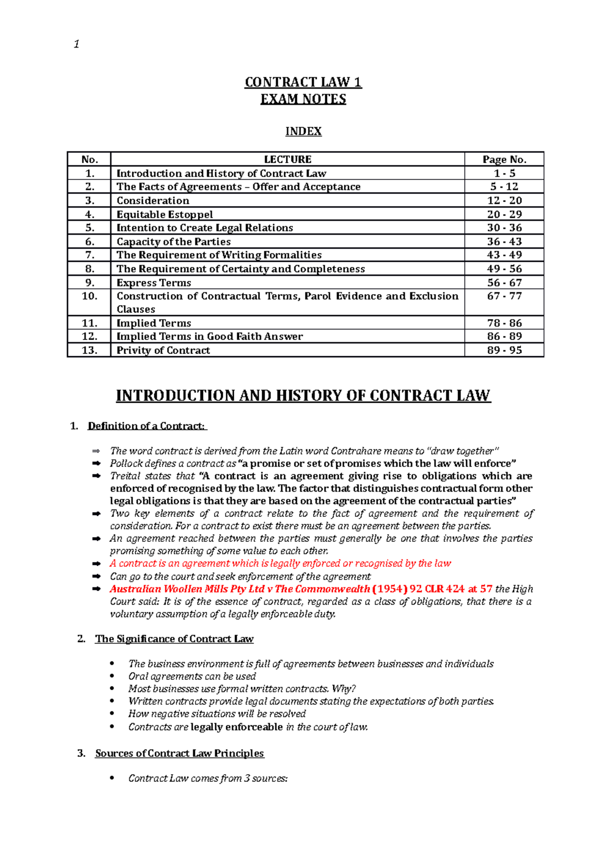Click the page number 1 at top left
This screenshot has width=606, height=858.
76,44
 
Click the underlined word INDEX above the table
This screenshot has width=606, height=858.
303,131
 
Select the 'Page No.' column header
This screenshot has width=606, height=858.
504,160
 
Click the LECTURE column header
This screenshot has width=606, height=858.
287,160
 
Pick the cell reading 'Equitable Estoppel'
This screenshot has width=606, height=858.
165,214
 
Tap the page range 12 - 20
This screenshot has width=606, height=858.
504,201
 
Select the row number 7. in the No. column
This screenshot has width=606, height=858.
89,255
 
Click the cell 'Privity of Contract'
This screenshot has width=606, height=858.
163,350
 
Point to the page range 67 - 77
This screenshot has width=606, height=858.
504,296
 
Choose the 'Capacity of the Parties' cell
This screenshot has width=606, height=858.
173,242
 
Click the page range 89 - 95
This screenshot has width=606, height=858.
504,350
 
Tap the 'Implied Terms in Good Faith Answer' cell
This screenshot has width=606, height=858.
210,337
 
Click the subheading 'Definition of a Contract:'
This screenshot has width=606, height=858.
147,426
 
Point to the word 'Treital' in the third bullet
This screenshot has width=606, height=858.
125,476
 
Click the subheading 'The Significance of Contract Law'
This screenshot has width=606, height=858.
174,639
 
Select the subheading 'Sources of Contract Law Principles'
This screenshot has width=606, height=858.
179,753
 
